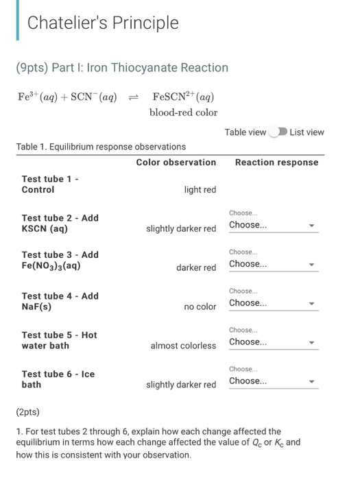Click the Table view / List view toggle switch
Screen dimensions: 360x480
(278, 132)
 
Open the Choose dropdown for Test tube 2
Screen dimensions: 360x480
(273, 226)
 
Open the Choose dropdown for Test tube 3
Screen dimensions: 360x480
(273, 265)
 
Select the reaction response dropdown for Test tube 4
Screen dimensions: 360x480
(273, 303)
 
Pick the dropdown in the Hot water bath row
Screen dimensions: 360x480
(273, 342)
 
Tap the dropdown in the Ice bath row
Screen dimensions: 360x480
(273, 381)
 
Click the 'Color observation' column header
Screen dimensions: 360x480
(176, 163)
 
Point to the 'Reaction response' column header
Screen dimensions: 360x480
(276, 163)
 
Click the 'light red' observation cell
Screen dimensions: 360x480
(200, 190)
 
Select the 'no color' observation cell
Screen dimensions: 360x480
(200, 307)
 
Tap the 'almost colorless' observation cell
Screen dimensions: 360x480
(183, 346)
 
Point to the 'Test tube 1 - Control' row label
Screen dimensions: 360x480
(51, 184)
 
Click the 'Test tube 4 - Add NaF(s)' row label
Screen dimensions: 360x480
(60, 302)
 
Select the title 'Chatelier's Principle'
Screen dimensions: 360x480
(103, 23)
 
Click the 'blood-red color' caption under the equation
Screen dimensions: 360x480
(183, 112)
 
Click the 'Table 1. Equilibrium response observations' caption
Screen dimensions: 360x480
(101, 147)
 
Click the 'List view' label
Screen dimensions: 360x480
(307, 132)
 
